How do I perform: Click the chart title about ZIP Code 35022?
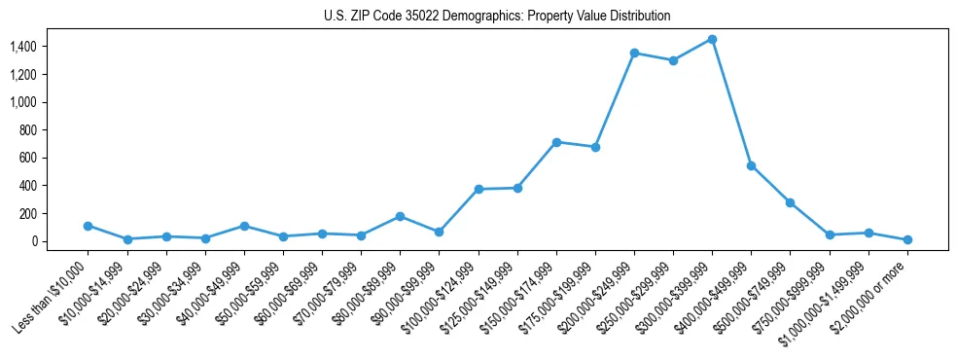(497, 17)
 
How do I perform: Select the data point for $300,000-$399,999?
(712, 39)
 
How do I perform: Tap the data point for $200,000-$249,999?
(634, 53)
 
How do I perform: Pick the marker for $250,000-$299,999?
(673, 60)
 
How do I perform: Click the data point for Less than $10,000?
(89, 226)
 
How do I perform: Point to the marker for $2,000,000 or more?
(907, 239)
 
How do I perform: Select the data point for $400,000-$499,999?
(751, 165)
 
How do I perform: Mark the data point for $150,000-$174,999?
(556, 142)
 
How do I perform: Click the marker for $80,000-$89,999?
(401, 216)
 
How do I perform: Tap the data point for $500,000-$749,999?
(790, 202)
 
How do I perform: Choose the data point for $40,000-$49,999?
(244, 226)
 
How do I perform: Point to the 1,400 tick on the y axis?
(36, 47)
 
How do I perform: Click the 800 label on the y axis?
(42, 130)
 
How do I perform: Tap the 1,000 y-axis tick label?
(36, 102)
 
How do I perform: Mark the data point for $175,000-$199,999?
(595, 147)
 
